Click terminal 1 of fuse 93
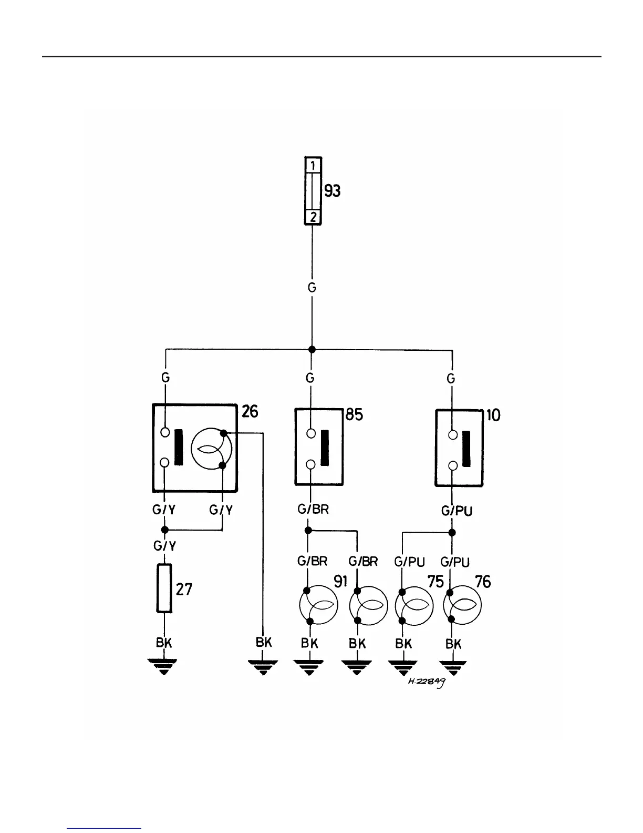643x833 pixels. (313, 165)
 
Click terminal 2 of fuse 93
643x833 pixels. (313, 217)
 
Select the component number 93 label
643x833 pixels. (332, 191)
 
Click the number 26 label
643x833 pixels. (250, 411)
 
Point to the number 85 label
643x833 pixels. (355, 415)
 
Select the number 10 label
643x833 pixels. (493, 415)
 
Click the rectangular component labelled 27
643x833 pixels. (164, 588)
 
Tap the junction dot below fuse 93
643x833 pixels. (312, 349)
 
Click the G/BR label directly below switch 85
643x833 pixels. (313, 509)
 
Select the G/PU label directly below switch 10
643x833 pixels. (457, 511)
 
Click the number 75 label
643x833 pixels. (436, 582)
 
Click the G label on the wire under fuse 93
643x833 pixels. (312, 288)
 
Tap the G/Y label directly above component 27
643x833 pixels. (164, 546)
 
